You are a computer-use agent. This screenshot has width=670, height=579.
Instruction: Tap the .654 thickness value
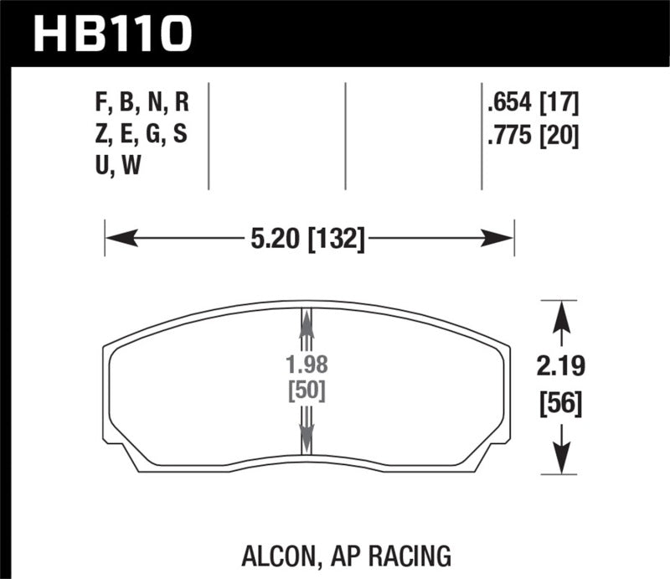(512, 104)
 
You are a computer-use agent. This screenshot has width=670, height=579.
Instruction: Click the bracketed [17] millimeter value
(559, 104)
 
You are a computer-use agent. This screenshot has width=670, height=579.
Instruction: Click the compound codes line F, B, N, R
(142, 104)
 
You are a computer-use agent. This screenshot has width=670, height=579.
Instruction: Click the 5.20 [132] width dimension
(308, 240)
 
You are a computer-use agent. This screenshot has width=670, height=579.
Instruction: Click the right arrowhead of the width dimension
(499, 240)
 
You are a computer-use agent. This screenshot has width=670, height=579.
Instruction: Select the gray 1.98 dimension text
(306, 366)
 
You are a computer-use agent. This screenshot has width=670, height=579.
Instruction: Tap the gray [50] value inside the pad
(306, 390)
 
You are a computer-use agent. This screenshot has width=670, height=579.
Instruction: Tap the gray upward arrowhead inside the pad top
(306, 320)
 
